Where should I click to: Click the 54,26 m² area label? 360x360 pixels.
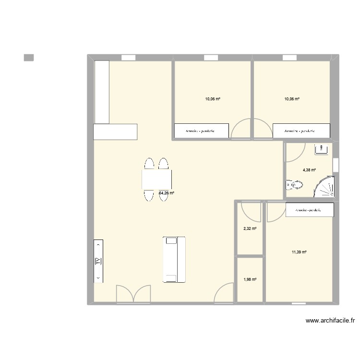coord(167,193)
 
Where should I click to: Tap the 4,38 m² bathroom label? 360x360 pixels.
coord(309,169)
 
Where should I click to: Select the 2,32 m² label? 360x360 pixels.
coord(250,229)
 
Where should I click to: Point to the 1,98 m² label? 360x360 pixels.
coord(250,280)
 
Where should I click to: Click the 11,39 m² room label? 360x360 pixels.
coord(299,252)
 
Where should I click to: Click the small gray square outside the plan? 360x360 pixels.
coord(29,58)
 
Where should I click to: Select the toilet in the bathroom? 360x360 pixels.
coord(295,184)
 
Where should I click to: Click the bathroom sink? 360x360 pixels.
coord(321,149)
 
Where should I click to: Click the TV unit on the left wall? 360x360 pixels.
coord(98,261)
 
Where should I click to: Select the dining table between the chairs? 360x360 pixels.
coord(157,180)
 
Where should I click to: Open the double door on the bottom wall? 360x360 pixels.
coord(133,294)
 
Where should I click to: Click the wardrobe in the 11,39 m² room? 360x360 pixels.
coord(309,210)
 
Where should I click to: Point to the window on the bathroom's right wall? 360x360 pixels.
coord(336,165)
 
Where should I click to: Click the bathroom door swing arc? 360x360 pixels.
coord(295,153)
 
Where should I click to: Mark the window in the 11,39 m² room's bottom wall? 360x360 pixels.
coord(299,303)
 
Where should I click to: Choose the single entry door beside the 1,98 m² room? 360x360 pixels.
coord(224,293)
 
